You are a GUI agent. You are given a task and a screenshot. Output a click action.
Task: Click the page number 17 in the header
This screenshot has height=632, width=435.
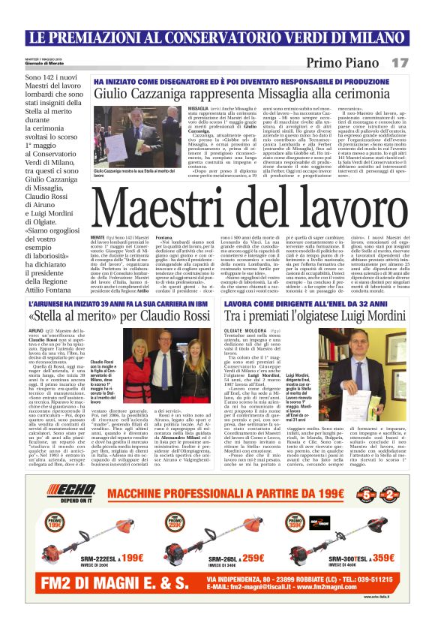click(400, 62)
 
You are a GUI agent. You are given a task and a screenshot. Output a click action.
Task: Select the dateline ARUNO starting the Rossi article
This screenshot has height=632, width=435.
click(35, 329)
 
